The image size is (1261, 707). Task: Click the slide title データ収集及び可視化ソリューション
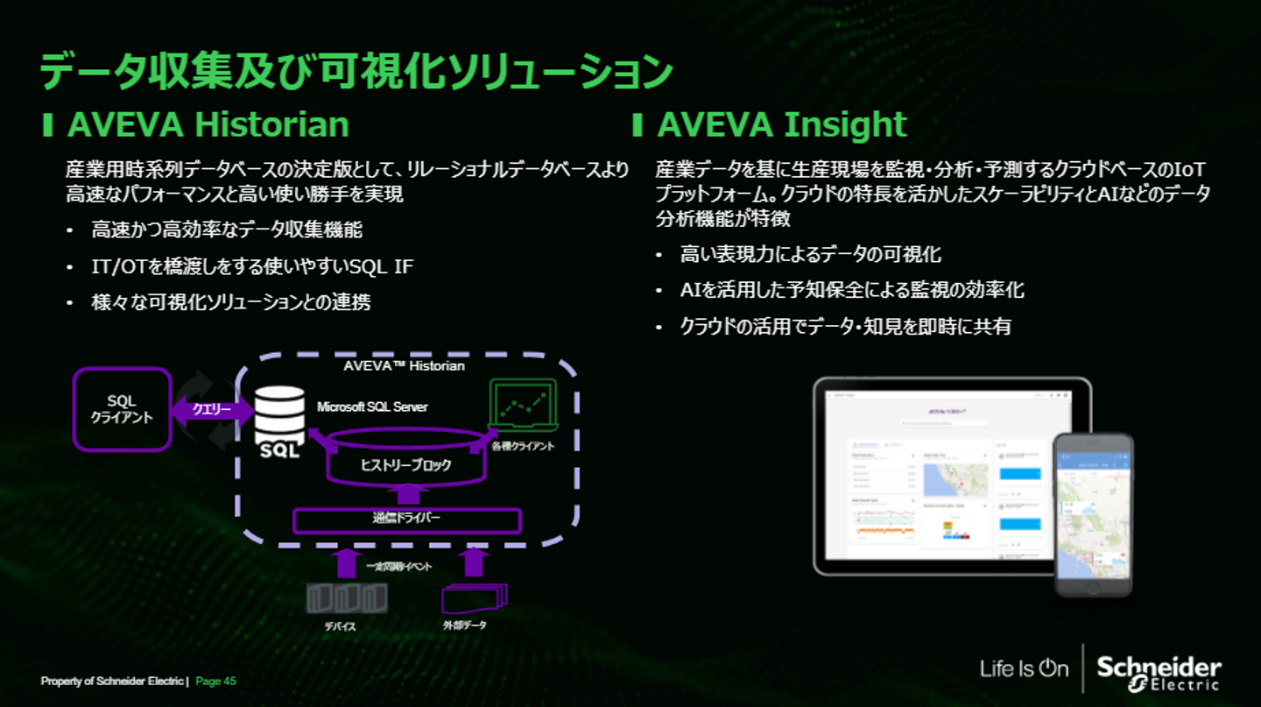click(356, 73)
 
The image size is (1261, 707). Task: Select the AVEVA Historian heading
click(208, 124)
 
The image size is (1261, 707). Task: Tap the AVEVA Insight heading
click(781, 124)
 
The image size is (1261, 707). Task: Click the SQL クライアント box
click(122, 409)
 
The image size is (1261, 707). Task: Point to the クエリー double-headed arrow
click(212, 409)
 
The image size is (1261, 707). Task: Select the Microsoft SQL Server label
click(372, 407)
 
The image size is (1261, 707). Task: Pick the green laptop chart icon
click(523, 407)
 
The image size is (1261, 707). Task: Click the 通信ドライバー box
click(405, 520)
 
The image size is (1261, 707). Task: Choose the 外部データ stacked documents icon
click(474, 597)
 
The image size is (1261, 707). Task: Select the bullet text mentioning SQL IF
click(252, 266)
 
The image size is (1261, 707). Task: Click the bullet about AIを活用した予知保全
click(852, 290)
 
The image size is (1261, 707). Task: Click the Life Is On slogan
click(1024, 669)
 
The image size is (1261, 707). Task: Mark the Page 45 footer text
click(215, 681)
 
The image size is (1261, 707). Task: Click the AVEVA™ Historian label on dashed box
click(405, 365)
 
